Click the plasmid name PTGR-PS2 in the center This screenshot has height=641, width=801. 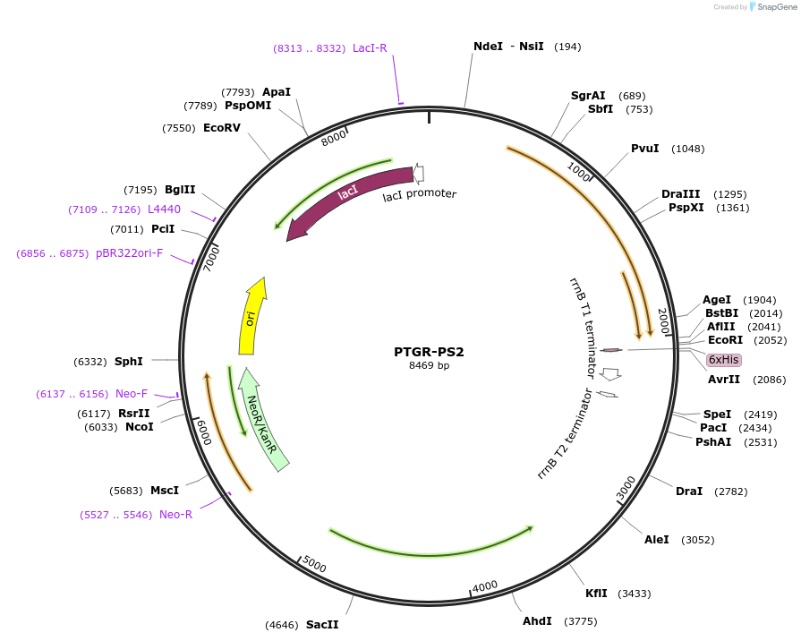click(x=429, y=352)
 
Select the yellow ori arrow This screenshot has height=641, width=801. click(x=251, y=317)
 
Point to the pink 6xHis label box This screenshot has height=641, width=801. click(x=723, y=360)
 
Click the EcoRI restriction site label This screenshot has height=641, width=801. click(x=725, y=340)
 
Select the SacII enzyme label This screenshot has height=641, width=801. click(x=322, y=624)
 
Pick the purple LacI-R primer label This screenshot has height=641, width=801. click(x=370, y=48)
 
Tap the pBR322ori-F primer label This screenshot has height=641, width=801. click(x=130, y=253)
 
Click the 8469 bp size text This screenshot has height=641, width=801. click(x=429, y=366)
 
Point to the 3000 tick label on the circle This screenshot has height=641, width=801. click(x=626, y=489)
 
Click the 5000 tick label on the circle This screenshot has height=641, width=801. click(x=314, y=564)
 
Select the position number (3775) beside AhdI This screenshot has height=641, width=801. click(x=580, y=621)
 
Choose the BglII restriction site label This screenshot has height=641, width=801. click(x=180, y=190)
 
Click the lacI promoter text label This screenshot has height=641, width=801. click(x=420, y=194)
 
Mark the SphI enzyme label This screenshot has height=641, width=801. click(x=129, y=362)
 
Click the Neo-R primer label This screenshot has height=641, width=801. click(x=175, y=515)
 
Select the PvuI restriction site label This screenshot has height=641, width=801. click(x=644, y=149)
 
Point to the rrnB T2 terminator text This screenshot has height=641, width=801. click(x=565, y=434)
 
